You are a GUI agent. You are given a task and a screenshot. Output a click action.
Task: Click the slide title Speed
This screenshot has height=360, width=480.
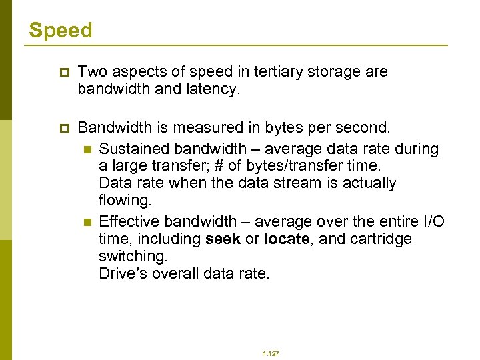[x=60, y=30]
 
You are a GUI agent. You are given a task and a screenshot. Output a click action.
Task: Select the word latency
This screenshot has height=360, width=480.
[x=213, y=89]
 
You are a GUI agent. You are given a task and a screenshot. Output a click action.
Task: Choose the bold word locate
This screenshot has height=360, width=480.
[x=286, y=239]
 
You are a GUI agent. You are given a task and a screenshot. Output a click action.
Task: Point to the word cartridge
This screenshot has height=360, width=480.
[x=385, y=239]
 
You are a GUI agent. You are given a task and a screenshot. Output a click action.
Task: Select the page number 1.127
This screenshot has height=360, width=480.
[x=271, y=353]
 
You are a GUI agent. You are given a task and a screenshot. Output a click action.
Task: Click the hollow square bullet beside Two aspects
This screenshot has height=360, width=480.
[x=64, y=72]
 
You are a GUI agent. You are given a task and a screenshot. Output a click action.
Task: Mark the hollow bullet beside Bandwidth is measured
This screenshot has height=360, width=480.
[x=64, y=127]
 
